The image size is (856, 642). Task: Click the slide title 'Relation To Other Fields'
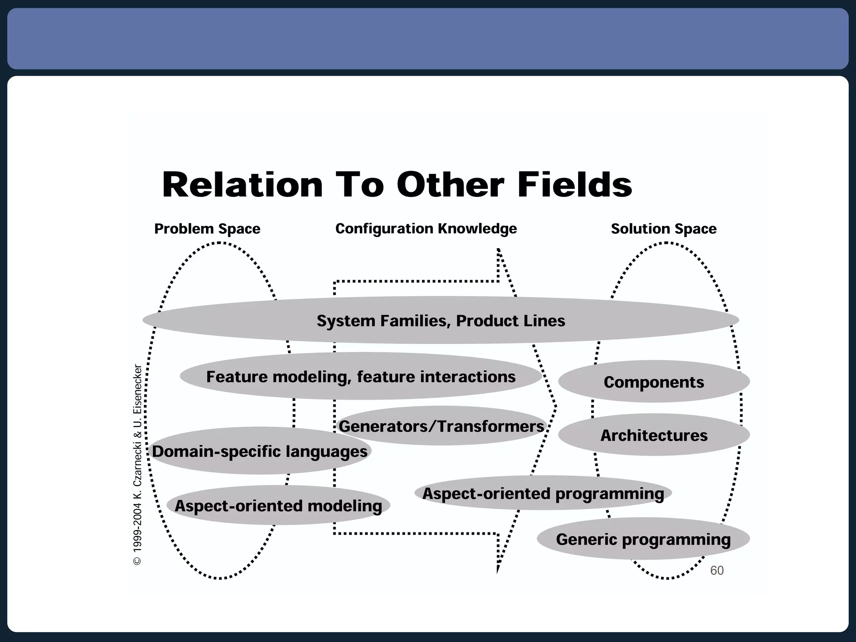397,184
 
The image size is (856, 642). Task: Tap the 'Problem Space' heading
207,229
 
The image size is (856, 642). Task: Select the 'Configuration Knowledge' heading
426,229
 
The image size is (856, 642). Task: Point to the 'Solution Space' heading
663,229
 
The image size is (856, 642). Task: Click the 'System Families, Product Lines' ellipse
441,321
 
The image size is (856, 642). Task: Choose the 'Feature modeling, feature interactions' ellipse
361,377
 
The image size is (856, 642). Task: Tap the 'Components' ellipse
654,382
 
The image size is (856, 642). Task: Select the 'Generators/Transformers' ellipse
441,426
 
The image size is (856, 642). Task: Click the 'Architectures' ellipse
654,436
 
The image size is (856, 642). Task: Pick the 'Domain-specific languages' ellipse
260,451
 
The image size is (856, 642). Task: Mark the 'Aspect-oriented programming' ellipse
543,494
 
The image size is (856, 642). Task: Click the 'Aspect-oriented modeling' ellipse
278,506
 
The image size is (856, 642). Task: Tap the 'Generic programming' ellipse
643,539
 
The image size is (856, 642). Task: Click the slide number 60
716,571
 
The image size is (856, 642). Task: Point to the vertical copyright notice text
138,464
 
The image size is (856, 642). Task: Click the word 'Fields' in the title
575,184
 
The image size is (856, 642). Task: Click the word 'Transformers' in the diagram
492,426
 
